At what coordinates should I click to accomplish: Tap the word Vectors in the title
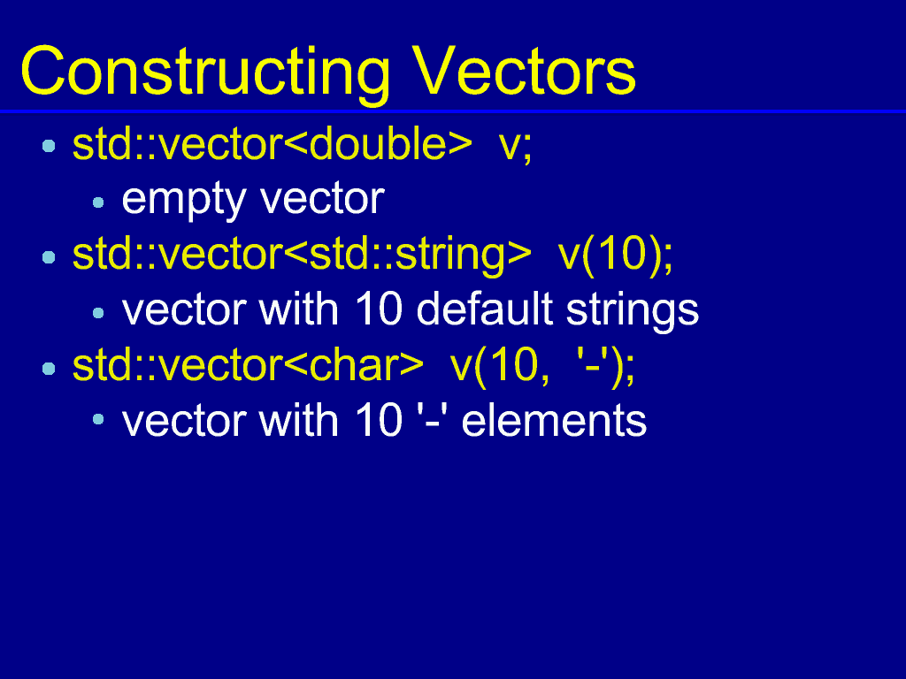pyautogui.click(x=524, y=71)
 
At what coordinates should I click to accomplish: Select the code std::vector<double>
pyautogui.click(x=273, y=144)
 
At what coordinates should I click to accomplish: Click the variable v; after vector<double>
pyautogui.click(x=516, y=146)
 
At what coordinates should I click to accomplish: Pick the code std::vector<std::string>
pyautogui.click(x=302, y=255)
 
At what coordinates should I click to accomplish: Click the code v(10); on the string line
pyautogui.click(x=616, y=256)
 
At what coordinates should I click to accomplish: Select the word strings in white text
pyautogui.click(x=633, y=312)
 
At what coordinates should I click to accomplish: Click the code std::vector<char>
pyautogui.click(x=249, y=366)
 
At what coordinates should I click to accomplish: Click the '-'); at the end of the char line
pyautogui.click(x=605, y=367)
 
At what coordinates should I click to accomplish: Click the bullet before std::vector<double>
pyautogui.click(x=50, y=146)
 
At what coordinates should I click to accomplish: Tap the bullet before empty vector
pyautogui.click(x=98, y=202)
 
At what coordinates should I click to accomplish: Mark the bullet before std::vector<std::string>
pyautogui.click(x=50, y=256)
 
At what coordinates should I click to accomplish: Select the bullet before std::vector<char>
pyautogui.click(x=50, y=368)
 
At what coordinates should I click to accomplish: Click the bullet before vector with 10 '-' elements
pyautogui.click(x=98, y=419)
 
